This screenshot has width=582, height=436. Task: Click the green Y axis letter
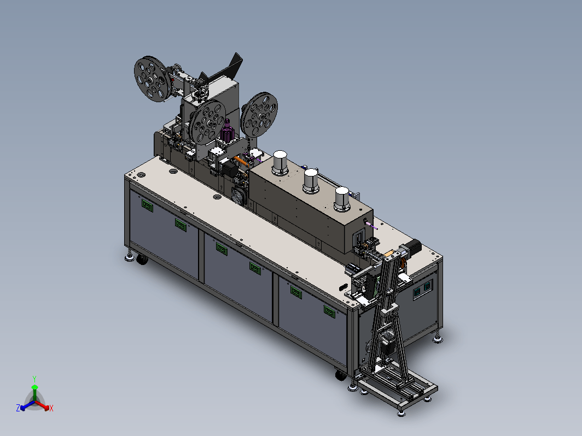point(34,379)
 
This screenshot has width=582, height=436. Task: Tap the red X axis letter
point(51,408)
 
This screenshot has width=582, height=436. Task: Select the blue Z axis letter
point(18,408)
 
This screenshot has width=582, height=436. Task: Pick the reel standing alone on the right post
point(259,115)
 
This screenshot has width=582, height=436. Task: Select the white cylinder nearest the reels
point(280,162)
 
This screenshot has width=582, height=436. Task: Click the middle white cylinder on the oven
point(311,181)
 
